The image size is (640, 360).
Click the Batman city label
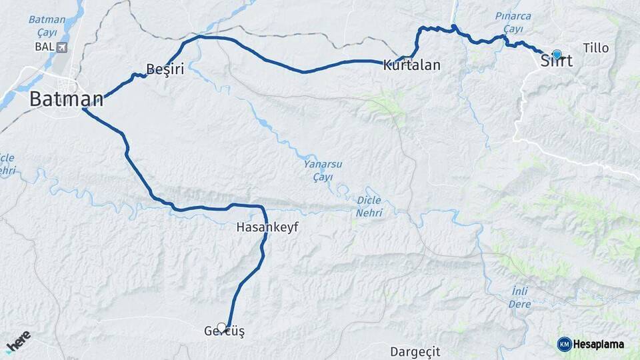click(x=66, y=100)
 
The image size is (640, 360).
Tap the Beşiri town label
click(x=165, y=69)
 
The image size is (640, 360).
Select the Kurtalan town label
click(x=412, y=65)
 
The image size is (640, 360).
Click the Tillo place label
click(x=595, y=48)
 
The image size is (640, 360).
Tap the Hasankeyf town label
click(x=267, y=227)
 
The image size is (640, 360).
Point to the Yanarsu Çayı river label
click(x=317, y=169)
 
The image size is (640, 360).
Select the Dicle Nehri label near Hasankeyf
click(x=369, y=206)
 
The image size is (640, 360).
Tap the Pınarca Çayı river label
click(x=513, y=22)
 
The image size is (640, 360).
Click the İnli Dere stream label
click(x=521, y=297)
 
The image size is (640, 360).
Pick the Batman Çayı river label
click(x=47, y=25)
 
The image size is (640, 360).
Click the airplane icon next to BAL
click(x=63, y=47)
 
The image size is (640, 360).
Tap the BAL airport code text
click(x=43, y=47)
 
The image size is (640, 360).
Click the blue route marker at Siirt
click(x=557, y=54)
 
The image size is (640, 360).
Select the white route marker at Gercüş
click(x=221, y=327)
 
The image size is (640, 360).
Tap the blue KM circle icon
click(x=564, y=344)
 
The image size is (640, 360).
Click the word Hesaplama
click(x=599, y=345)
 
